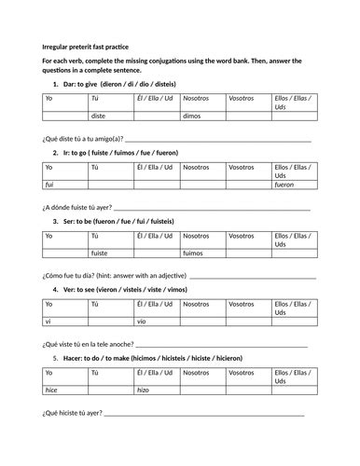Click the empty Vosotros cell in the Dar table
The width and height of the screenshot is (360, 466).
(247, 116)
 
